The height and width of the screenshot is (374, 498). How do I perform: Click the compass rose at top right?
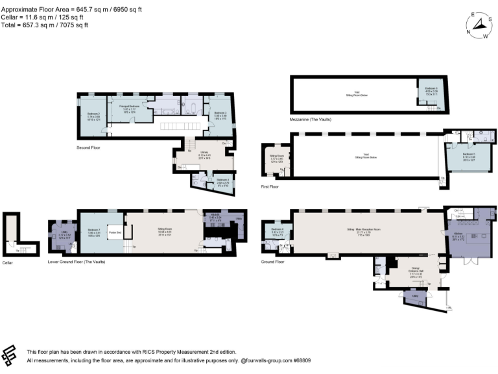480,25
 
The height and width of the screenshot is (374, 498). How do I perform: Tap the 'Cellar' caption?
8,262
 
